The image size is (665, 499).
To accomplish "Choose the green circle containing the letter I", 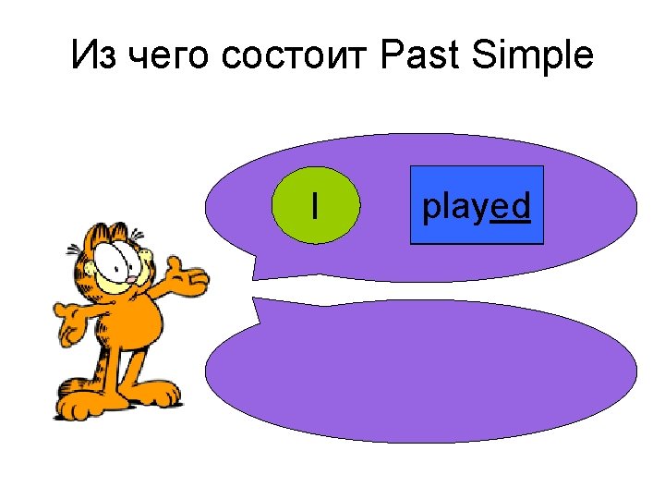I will (x=315, y=205).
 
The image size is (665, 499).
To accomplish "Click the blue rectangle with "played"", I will (x=477, y=205).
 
